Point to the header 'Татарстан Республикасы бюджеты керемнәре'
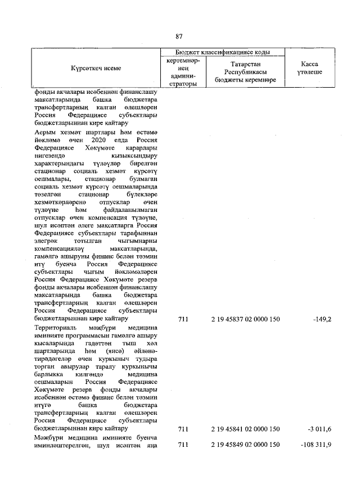(x=245, y=73)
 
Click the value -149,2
(x=322, y=319)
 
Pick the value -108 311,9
(x=316, y=445)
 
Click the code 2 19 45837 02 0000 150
(x=245, y=319)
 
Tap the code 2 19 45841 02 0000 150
(x=245, y=429)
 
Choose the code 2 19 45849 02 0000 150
(x=245, y=445)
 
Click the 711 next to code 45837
(x=182, y=319)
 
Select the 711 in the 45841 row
(x=182, y=429)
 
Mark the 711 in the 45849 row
(x=182, y=445)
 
